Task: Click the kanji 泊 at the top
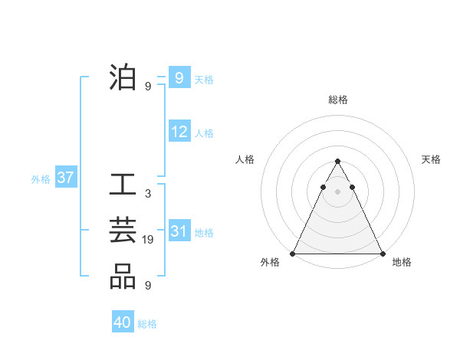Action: pyautogui.click(x=123, y=79)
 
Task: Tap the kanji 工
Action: pyautogui.click(x=123, y=187)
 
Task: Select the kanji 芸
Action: pyautogui.click(x=123, y=232)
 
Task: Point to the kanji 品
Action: pyautogui.click(x=123, y=277)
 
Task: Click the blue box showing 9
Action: pyautogui.click(x=179, y=78)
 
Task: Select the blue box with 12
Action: pyautogui.click(x=179, y=132)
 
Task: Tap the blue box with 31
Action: pyautogui.click(x=179, y=231)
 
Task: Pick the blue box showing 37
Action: pyautogui.click(x=65, y=178)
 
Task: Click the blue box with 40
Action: pyautogui.click(x=123, y=322)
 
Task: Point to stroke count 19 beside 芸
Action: pyautogui.click(x=148, y=240)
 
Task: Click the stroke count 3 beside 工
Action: pyautogui.click(x=148, y=195)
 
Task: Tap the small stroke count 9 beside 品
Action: pyautogui.click(x=148, y=286)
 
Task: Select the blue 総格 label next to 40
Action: pyautogui.click(x=147, y=324)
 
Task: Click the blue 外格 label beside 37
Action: pyautogui.click(x=41, y=179)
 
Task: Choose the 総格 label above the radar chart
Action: pyautogui.click(x=338, y=100)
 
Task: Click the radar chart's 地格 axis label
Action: pyautogui.click(x=402, y=262)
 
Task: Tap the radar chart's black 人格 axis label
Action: pyautogui.click(x=245, y=159)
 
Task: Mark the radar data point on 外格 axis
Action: pyautogui.click(x=293, y=254)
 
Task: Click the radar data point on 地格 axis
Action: pyautogui.click(x=383, y=254)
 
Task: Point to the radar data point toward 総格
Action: pyautogui.click(x=337, y=162)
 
